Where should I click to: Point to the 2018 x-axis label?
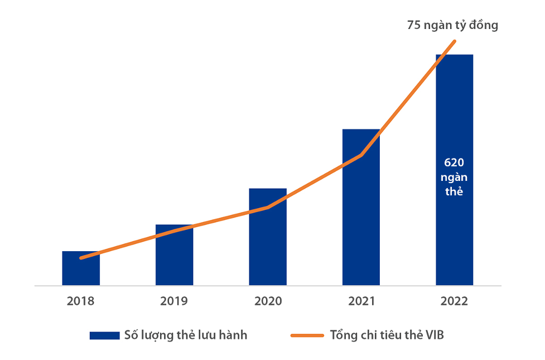pos(81,301)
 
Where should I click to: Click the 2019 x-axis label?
pos(174,301)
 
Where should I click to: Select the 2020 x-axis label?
pos(268,301)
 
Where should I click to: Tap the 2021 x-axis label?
pos(361,301)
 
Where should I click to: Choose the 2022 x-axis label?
pos(454,301)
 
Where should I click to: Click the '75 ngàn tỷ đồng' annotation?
pos(452,25)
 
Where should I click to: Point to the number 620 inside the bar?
pos(454,162)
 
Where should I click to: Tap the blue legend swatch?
pos(104,335)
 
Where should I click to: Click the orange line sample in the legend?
pos(307,335)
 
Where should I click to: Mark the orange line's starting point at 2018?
pos(81,258)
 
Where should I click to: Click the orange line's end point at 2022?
pos(455,41)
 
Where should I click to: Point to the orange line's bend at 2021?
pos(361,155)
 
